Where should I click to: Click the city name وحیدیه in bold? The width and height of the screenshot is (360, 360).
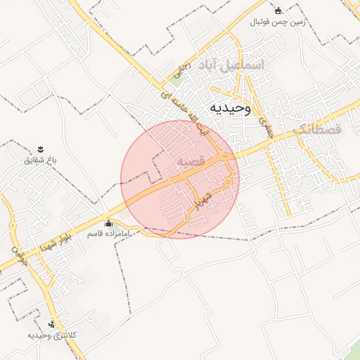coord(229,108)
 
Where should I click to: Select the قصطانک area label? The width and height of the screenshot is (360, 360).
coord(316,129)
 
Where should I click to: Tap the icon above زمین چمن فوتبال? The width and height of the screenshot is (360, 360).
coord(278,11)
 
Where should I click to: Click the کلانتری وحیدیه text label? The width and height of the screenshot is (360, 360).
coord(51,335)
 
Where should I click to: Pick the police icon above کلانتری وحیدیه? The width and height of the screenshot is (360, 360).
coord(51,324)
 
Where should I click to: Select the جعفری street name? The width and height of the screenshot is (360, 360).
coord(266,126)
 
